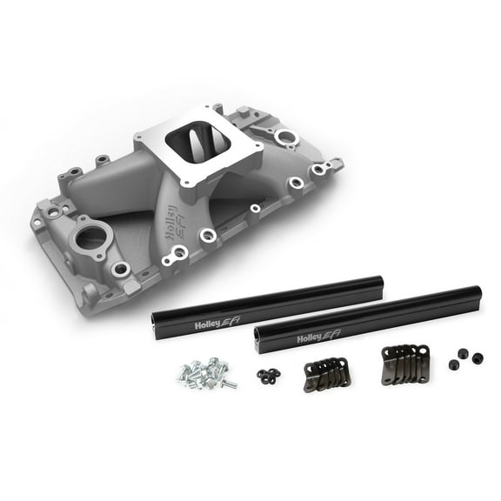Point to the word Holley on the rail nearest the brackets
click(x=312, y=337)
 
